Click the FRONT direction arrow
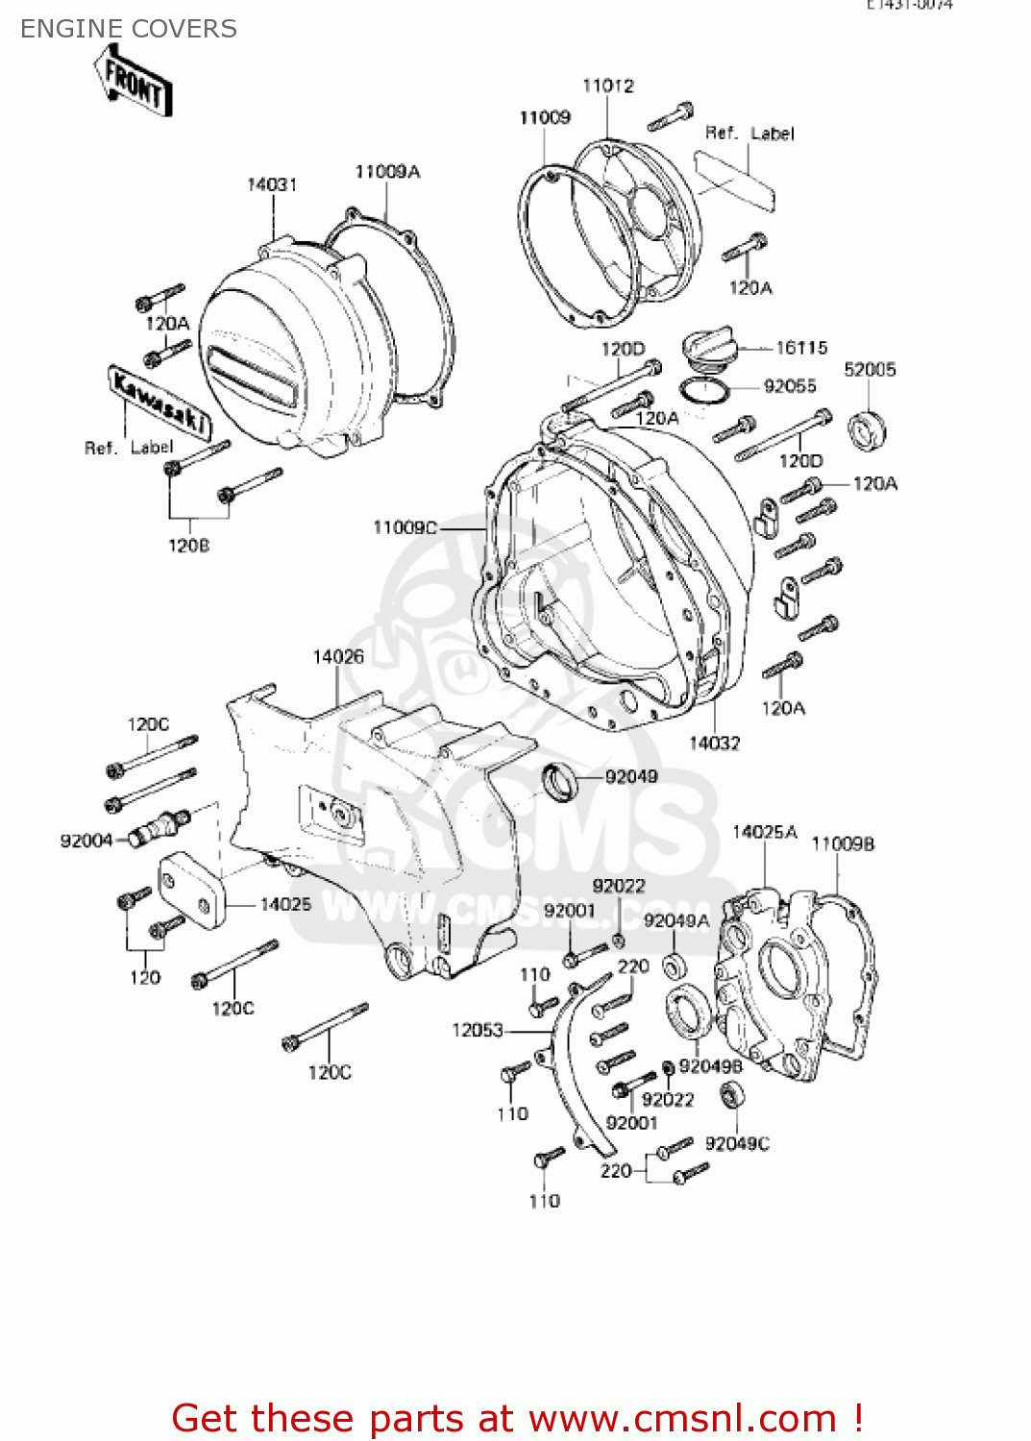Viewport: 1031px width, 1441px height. pyautogui.click(x=135, y=83)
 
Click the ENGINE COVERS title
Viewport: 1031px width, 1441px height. pyautogui.click(x=129, y=29)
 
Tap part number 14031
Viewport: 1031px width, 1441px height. pyautogui.click(x=272, y=184)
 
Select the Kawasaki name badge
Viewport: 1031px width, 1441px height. pyautogui.click(x=160, y=401)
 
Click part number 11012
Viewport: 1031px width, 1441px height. pyautogui.click(x=608, y=85)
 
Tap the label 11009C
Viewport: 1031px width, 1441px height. pyautogui.click(x=405, y=527)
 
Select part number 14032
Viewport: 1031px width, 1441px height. pyautogui.click(x=715, y=743)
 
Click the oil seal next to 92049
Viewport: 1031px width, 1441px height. pyautogui.click(x=560, y=781)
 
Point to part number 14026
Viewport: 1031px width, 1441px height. pyautogui.click(x=338, y=656)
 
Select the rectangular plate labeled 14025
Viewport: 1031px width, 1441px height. pyautogui.click(x=191, y=891)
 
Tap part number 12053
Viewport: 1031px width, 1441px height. pyautogui.click(x=478, y=1030)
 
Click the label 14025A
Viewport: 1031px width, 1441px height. pyautogui.click(x=765, y=832)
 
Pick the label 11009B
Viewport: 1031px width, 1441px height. pyautogui.click(x=843, y=843)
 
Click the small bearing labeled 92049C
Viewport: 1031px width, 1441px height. pyautogui.click(x=733, y=1094)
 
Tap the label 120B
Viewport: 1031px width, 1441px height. pyautogui.click(x=188, y=546)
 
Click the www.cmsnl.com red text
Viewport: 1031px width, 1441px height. pyautogui.click(x=682, y=1418)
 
